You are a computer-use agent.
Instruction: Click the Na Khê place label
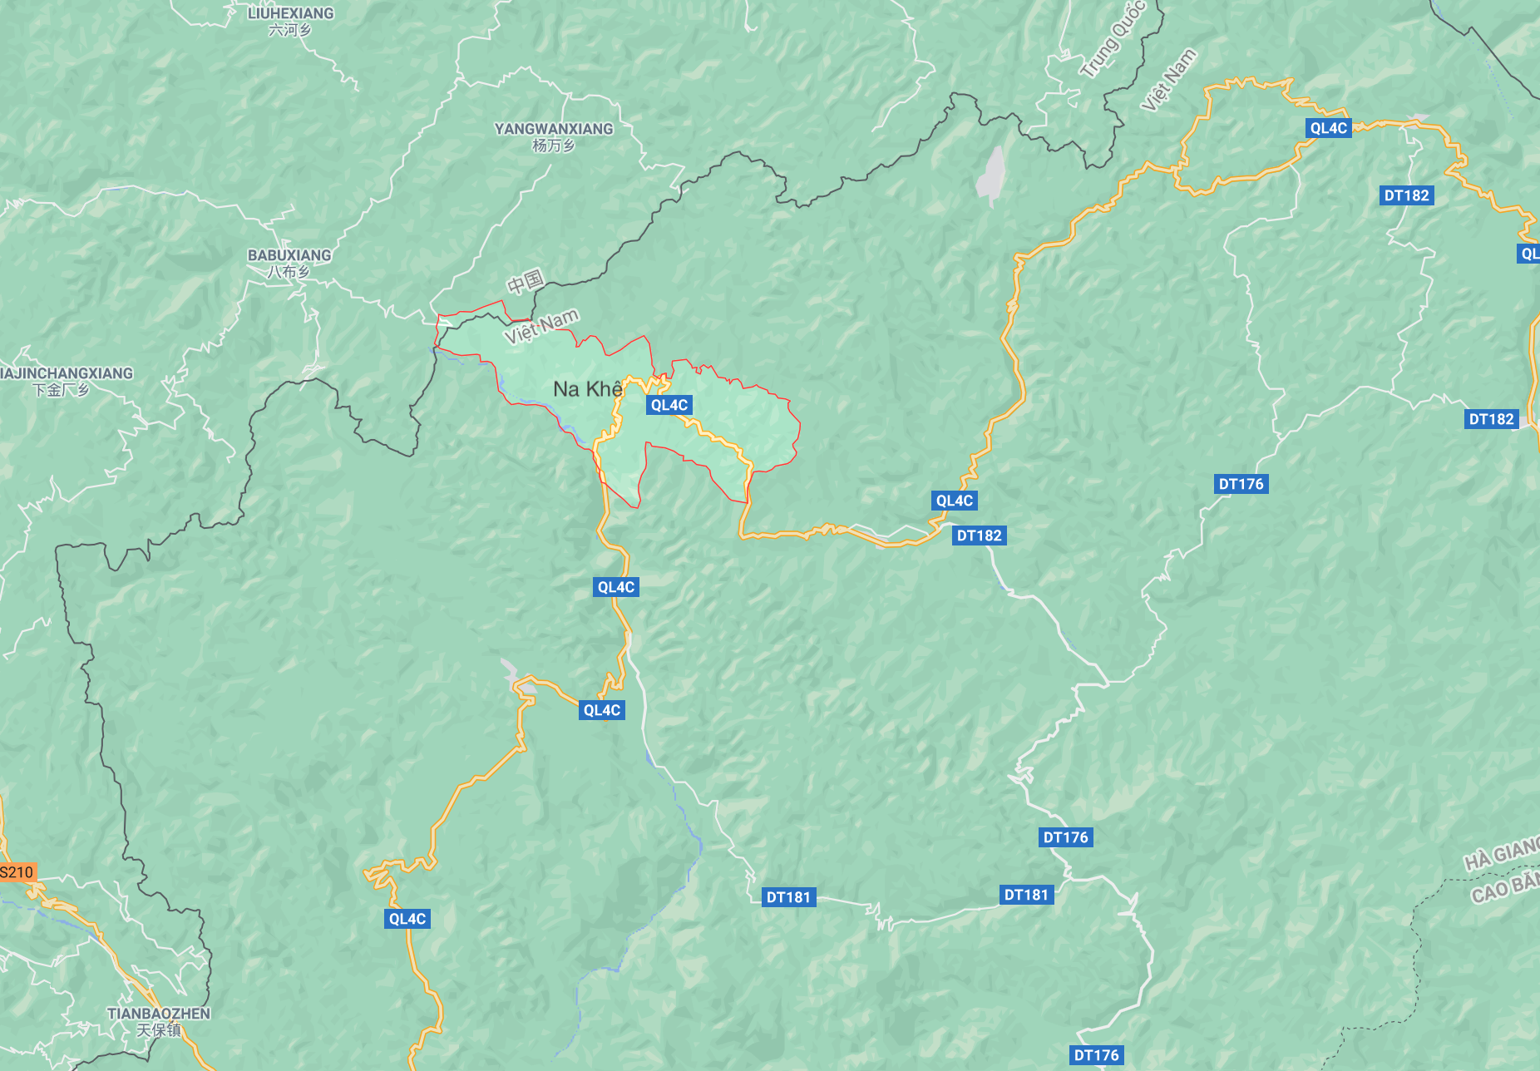[587, 389]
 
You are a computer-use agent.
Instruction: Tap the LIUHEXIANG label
[290, 13]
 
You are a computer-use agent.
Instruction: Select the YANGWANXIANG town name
[554, 129]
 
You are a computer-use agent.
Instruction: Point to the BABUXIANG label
[289, 255]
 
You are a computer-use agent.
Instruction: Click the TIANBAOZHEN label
[159, 1014]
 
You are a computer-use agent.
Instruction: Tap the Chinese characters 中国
[526, 283]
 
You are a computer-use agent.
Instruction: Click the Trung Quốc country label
[1113, 39]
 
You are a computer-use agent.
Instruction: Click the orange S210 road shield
[17, 872]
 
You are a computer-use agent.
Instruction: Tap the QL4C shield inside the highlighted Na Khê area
[669, 405]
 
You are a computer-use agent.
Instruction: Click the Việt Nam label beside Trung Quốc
[1168, 79]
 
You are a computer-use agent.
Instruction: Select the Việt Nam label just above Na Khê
[541, 327]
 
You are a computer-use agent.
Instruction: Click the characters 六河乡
[290, 30]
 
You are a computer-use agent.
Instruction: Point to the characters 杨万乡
[554, 146]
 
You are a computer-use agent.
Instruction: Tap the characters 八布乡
[289, 272]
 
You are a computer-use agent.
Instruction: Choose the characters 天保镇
[158, 1030]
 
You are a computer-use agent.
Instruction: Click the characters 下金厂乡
[60, 390]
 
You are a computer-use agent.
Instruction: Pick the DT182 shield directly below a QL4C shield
[979, 535]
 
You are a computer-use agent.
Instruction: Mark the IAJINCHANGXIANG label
[67, 373]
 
